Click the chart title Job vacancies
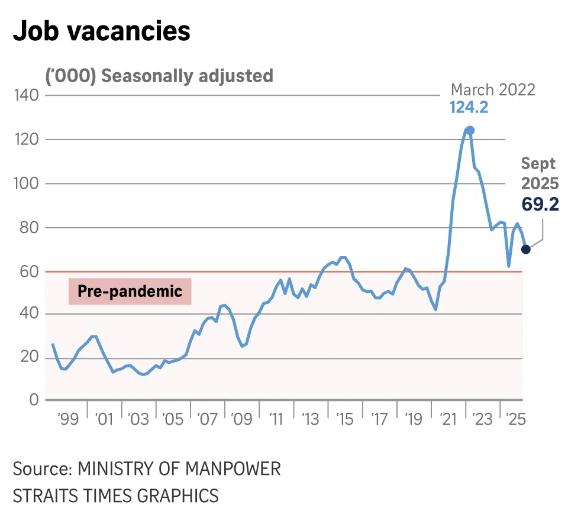(x=101, y=31)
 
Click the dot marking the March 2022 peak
(x=469, y=130)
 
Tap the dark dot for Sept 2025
(x=525, y=249)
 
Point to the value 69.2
(x=540, y=204)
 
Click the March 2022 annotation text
(x=492, y=90)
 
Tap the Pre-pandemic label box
(x=130, y=292)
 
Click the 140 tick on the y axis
(x=25, y=95)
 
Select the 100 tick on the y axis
(x=25, y=183)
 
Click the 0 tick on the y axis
(x=33, y=400)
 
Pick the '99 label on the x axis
(x=68, y=419)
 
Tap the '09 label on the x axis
(x=241, y=419)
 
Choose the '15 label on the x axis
(x=344, y=419)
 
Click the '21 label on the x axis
(x=447, y=419)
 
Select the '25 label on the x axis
(x=515, y=419)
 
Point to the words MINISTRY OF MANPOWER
(x=179, y=469)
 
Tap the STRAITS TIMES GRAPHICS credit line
(x=115, y=495)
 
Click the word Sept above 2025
(x=539, y=164)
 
